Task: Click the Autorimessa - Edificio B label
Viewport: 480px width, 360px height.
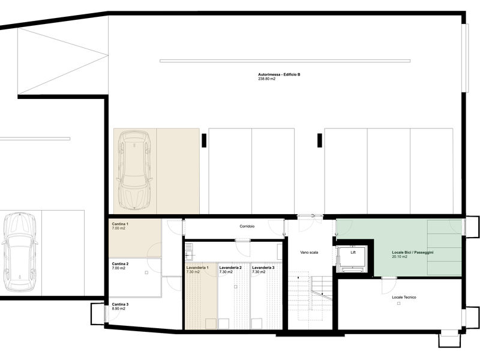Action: tap(279, 74)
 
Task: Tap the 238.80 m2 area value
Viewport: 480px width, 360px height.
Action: tap(266, 79)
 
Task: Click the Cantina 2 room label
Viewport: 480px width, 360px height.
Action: tap(120, 264)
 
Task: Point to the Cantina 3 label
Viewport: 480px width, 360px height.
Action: tap(120, 305)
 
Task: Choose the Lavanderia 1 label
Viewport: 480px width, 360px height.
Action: tap(197, 268)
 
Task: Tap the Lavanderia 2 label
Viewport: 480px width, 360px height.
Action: tap(230, 268)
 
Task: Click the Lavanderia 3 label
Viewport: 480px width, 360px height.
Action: tap(263, 268)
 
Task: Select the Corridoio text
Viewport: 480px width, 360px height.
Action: tap(247, 227)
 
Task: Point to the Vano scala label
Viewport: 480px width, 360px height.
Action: tap(309, 253)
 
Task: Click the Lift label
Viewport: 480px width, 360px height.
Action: tap(353, 253)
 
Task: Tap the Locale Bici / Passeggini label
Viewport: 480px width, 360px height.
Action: tap(413, 253)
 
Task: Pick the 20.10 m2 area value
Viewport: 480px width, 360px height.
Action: tap(400, 257)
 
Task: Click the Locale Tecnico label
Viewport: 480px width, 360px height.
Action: tap(404, 297)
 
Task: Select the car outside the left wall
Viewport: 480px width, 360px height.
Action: tap(20, 251)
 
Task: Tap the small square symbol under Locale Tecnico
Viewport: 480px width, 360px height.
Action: tap(399, 304)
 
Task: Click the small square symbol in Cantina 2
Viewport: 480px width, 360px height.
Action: tap(146, 272)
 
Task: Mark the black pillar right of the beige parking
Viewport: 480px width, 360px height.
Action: tap(204, 140)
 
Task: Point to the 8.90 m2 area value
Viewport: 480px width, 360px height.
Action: tap(118, 309)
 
